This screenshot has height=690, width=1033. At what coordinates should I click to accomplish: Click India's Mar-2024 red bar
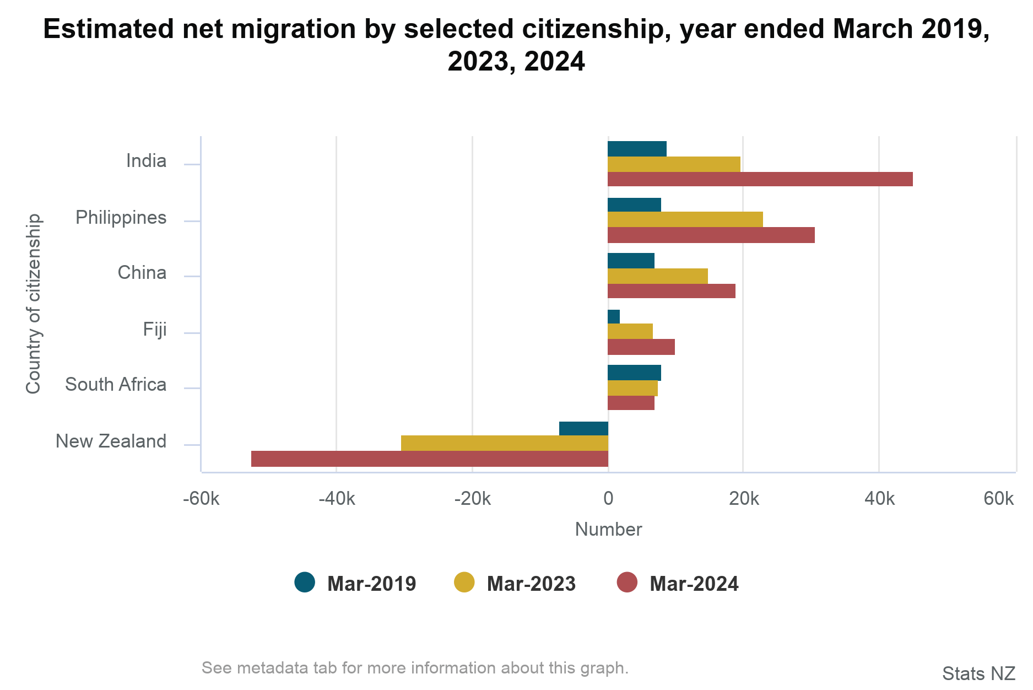(760, 179)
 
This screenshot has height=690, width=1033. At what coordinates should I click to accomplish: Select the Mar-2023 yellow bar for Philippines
(685, 219)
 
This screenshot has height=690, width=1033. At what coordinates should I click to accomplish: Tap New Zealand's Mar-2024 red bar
(429, 459)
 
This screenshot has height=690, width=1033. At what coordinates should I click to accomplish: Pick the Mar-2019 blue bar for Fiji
(613, 317)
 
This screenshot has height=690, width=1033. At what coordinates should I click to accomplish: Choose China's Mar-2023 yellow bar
(657, 276)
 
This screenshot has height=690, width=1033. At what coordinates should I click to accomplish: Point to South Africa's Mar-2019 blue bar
(634, 373)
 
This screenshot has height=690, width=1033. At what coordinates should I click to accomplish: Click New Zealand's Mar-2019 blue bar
(583, 429)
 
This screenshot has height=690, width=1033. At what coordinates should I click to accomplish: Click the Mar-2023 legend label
(531, 584)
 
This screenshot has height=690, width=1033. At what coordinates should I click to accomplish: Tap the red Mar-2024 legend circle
(627, 583)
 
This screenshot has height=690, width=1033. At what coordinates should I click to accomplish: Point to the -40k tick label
(337, 499)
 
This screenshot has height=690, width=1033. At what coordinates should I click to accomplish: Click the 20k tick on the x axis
(744, 499)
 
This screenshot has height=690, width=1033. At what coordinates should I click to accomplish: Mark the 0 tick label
(608, 499)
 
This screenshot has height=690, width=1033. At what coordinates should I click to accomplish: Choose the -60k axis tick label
(201, 499)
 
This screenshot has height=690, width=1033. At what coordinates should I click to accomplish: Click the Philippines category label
(121, 218)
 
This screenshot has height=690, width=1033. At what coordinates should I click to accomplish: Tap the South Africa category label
(115, 385)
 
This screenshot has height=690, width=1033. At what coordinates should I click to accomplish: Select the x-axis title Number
(608, 530)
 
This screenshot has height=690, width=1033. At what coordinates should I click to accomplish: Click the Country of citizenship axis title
(34, 304)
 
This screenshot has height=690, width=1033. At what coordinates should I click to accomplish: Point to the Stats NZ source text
(978, 673)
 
